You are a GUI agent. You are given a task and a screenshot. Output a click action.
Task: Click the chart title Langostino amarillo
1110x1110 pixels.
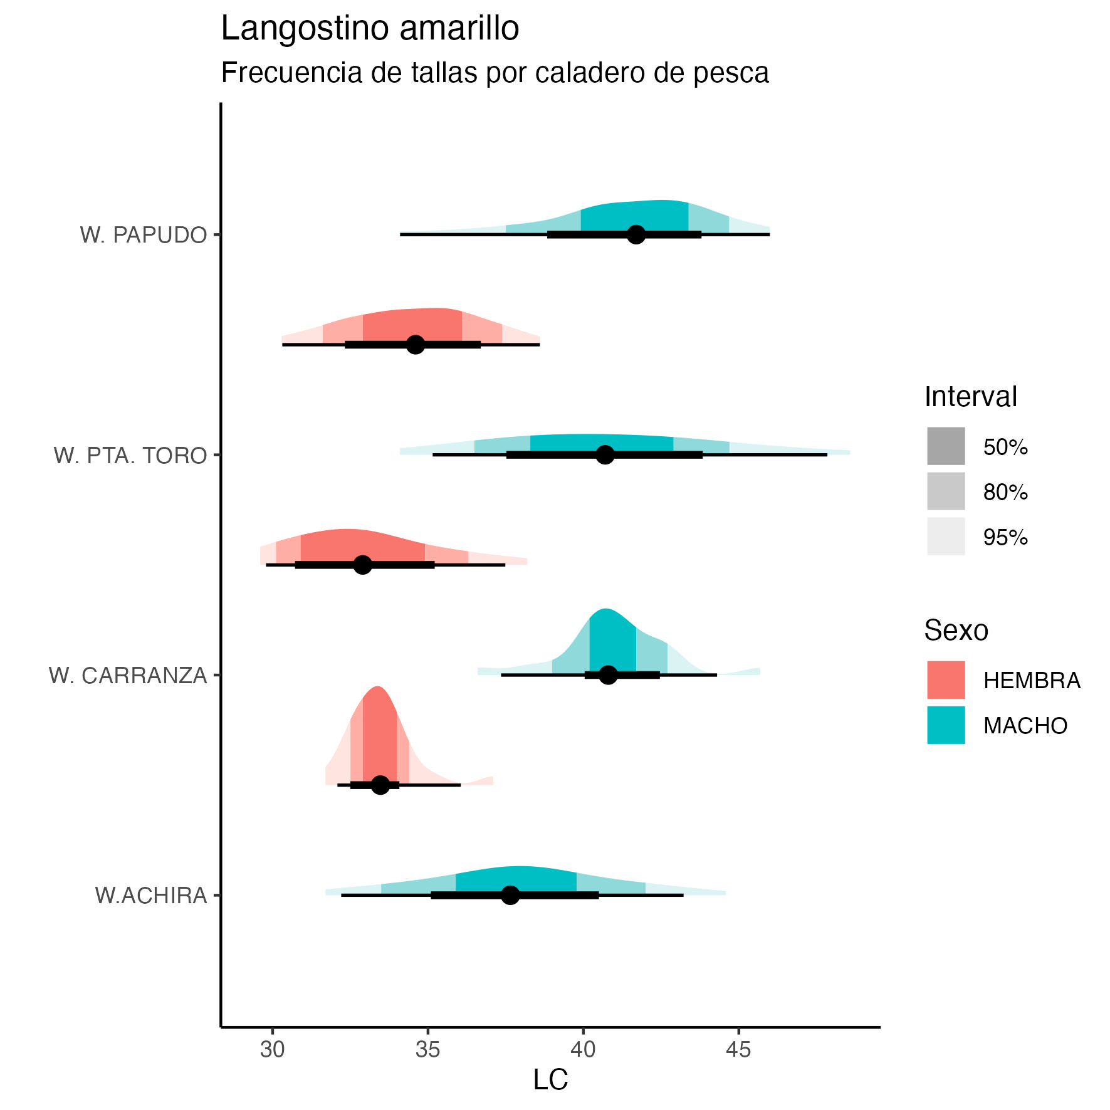[x=370, y=29]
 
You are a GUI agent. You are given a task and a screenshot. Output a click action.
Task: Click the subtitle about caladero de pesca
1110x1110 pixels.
[x=495, y=73]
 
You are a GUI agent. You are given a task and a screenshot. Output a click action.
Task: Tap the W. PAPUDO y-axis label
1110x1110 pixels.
[x=144, y=235]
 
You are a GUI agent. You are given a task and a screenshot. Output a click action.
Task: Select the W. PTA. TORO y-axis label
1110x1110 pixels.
[x=130, y=456]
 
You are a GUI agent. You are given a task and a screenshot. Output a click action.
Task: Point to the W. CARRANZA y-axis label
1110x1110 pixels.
[x=128, y=676]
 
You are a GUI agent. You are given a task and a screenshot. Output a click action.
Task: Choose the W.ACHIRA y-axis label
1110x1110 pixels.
[x=151, y=896]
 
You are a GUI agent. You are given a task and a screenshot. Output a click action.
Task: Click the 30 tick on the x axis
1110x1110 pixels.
[x=273, y=1049]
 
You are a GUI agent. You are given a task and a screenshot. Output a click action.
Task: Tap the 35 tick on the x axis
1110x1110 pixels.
[x=428, y=1049]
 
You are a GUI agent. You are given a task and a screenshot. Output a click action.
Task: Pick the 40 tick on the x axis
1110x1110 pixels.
[x=583, y=1049]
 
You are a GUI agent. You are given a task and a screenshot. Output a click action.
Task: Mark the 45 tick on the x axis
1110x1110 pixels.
[x=738, y=1049]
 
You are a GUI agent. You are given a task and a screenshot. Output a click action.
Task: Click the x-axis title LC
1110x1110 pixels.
[x=550, y=1080]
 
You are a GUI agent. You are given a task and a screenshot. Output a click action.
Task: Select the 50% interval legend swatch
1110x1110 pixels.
[x=946, y=446]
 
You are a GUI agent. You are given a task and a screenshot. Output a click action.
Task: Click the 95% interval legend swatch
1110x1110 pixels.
[x=946, y=537]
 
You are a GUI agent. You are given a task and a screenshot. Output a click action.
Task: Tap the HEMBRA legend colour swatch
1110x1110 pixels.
[x=946, y=679]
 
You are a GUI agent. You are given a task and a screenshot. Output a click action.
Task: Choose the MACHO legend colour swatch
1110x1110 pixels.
[x=946, y=725]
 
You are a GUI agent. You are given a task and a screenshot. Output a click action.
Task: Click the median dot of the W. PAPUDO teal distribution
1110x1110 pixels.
[x=636, y=235]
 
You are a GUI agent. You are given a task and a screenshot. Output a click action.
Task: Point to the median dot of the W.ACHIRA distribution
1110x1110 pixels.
[x=511, y=895]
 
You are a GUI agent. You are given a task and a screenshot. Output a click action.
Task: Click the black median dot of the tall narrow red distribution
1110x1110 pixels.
[x=380, y=785]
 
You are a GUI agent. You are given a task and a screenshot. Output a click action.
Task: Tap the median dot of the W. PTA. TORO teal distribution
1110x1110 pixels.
[x=605, y=455]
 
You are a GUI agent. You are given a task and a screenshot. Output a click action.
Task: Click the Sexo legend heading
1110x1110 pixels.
[x=956, y=631]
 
